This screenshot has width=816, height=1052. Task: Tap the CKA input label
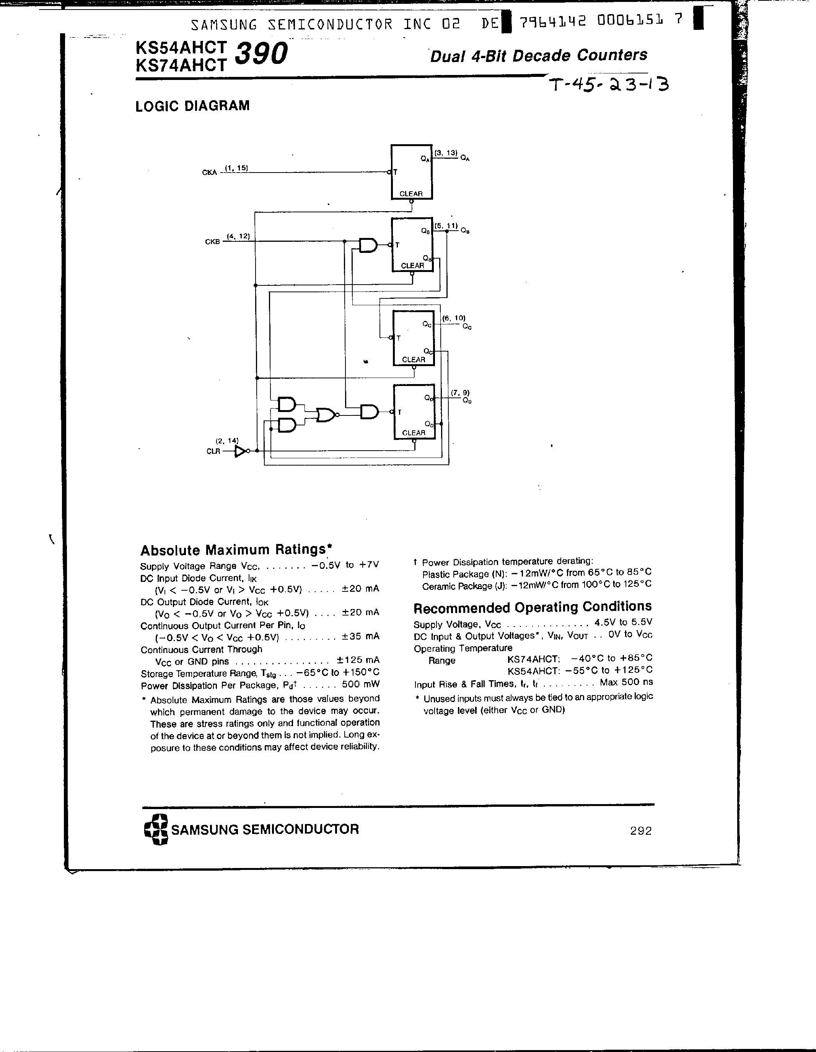click(210, 173)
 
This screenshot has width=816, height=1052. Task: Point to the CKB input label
click(212, 242)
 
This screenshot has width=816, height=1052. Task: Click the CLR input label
click(213, 451)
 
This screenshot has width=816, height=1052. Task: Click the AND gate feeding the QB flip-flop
click(368, 246)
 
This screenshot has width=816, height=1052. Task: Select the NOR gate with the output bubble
click(327, 414)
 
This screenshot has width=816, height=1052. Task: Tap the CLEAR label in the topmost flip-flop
click(411, 194)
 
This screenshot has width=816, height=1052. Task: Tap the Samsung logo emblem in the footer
click(156, 829)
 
